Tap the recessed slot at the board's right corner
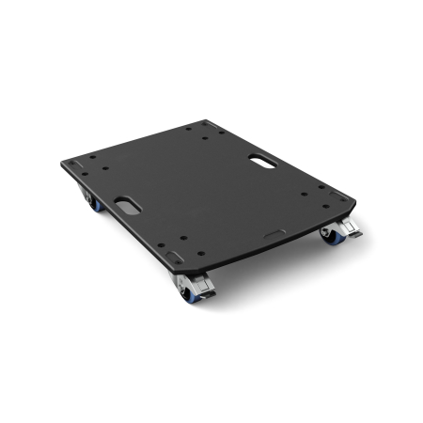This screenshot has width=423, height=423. [333, 195]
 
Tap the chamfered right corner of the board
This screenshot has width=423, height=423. [352, 201]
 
